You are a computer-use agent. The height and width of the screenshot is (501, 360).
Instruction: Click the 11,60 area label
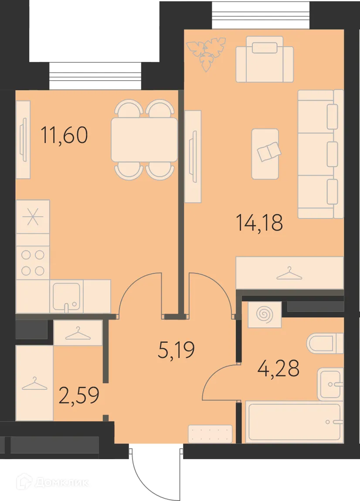click(64, 135)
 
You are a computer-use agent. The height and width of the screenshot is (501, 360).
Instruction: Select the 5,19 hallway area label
click(176, 350)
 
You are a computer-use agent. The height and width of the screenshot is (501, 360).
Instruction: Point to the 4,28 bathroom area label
click(278, 368)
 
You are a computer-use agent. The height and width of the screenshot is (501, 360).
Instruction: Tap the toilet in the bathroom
click(325, 344)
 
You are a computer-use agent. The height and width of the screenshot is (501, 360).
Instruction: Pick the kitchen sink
click(66, 296)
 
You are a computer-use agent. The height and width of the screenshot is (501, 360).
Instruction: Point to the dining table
click(144, 140)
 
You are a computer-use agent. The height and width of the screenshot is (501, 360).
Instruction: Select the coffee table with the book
click(265, 153)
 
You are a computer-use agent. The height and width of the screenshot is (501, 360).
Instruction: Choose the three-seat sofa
click(320, 153)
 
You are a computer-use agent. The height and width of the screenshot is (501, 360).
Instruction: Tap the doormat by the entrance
click(210, 434)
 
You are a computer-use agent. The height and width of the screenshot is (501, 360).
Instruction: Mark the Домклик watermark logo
click(52, 483)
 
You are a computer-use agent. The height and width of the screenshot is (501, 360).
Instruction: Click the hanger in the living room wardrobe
click(289, 274)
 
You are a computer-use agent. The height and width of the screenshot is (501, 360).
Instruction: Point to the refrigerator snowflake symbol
click(33, 217)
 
